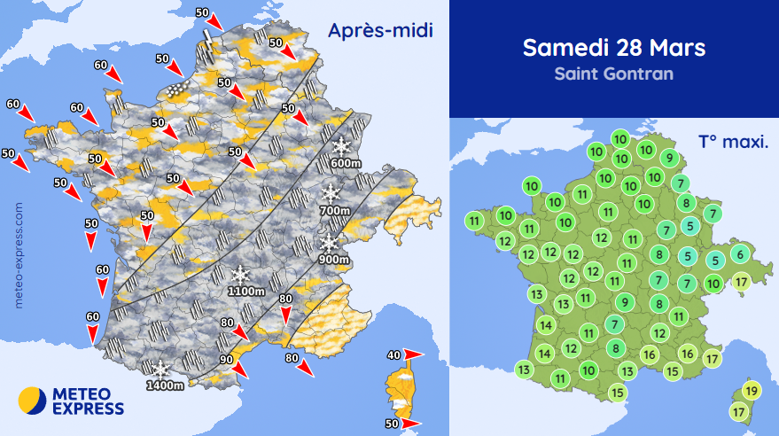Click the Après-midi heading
(379, 32)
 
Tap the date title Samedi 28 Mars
(613, 48)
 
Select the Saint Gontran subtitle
(613, 74)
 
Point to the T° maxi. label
(733, 141)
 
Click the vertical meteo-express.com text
(19, 253)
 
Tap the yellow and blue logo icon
(33, 401)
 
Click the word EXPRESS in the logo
(89, 409)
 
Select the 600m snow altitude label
(345, 163)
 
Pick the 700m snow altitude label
(332, 210)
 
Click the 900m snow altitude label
(332, 259)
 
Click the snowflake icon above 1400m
(160, 369)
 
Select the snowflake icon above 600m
(341, 145)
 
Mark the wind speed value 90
(227, 359)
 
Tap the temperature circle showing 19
(752, 391)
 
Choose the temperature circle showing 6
(741, 254)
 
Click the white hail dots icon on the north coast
(176, 89)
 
